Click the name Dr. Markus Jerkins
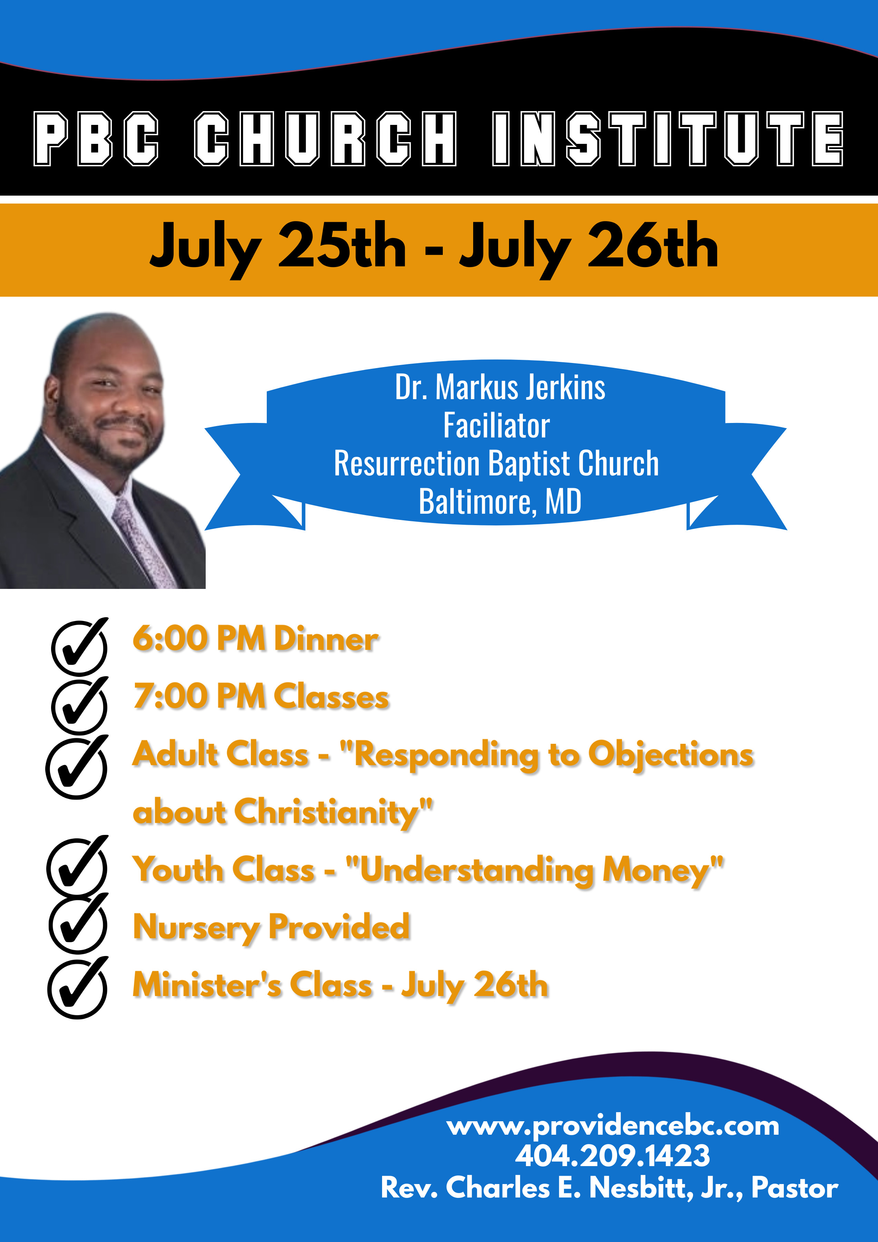tap(500, 387)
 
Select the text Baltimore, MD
tap(500, 501)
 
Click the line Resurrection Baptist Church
tap(497, 464)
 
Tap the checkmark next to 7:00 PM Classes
tap(79, 704)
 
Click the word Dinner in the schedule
tap(326, 639)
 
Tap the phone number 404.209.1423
tap(612, 1155)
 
